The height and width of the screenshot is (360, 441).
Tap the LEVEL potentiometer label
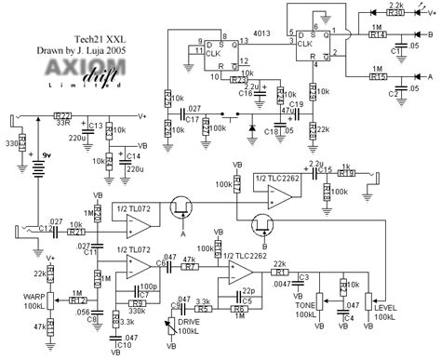(381, 319)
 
